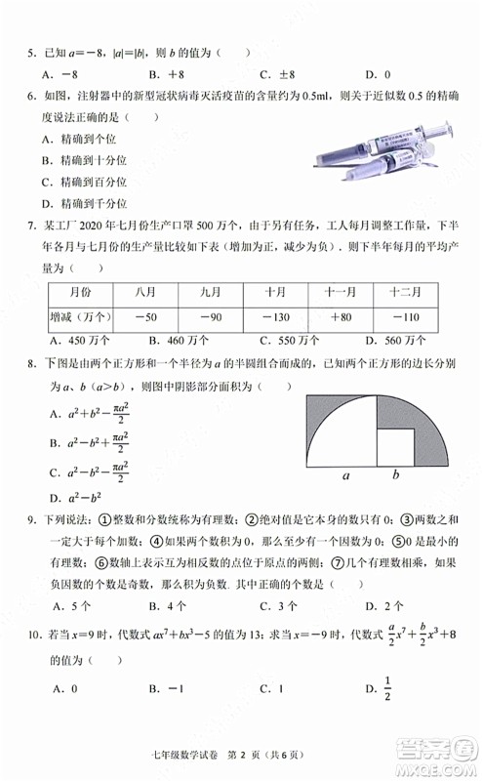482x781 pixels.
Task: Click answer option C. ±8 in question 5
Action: point(278,74)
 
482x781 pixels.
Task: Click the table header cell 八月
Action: point(146,293)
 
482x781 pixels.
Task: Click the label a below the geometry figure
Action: point(344,476)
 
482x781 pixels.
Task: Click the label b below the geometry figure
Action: point(396,476)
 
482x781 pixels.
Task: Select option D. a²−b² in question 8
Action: point(73,498)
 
